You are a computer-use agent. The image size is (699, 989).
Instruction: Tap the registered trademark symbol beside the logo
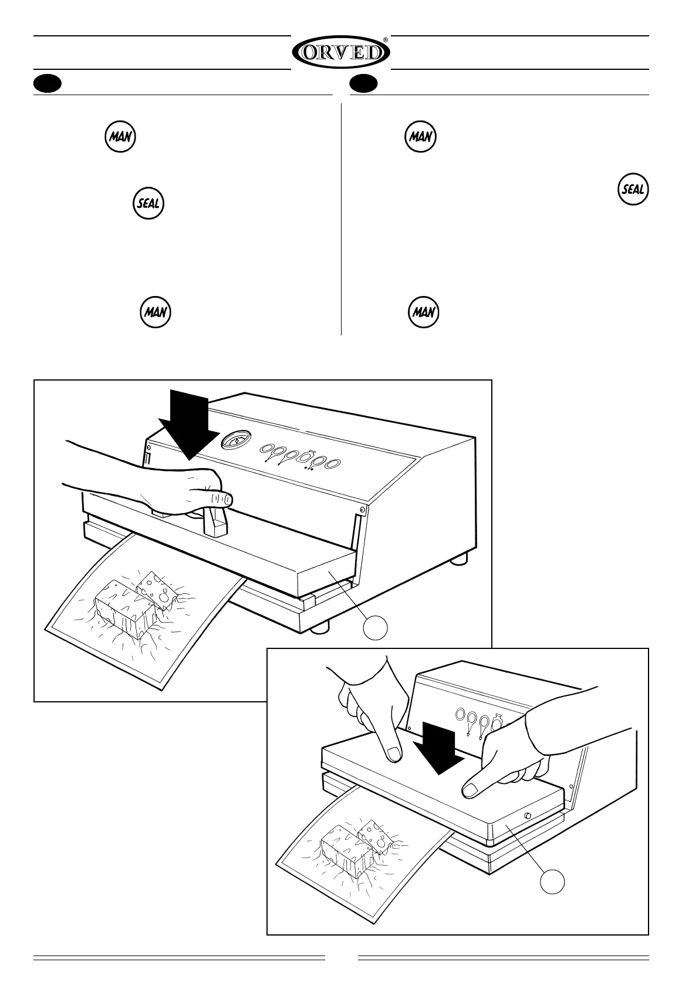point(385,40)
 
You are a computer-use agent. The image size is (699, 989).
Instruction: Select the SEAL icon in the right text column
point(633,190)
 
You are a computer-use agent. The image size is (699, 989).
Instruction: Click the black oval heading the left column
point(47,84)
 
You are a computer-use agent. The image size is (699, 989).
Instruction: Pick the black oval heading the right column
point(363,84)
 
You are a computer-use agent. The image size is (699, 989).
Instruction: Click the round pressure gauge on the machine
point(236,440)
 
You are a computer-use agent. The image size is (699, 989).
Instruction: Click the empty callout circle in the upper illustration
point(375,628)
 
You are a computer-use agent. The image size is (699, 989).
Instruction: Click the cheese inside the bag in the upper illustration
point(132,605)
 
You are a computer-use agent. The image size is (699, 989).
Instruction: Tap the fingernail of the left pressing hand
point(394,753)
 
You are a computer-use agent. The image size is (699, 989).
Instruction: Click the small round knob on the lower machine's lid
point(527,816)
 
